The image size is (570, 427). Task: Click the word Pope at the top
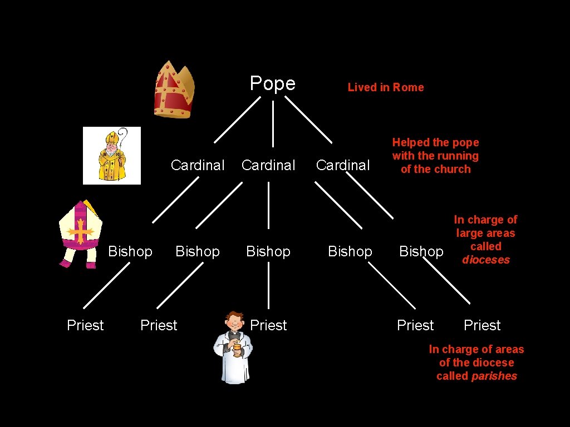[272, 83]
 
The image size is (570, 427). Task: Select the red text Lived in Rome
[386, 87]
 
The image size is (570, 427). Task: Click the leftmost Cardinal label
[198, 165]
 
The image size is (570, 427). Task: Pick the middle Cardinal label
[268, 165]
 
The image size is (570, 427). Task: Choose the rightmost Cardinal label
[343, 165]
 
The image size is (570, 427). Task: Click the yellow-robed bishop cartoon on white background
[111, 155]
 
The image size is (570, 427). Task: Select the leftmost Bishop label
[130, 251]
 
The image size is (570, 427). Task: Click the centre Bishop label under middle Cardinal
[268, 251]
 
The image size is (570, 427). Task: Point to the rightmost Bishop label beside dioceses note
[421, 251]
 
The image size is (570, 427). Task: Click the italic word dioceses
[486, 260]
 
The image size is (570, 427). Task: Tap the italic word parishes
[494, 376]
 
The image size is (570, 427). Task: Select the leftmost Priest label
[85, 325]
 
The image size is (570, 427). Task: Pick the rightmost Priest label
[482, 325]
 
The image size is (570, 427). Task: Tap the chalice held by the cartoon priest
[237, 350]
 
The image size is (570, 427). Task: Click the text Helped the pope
[435, 143]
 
